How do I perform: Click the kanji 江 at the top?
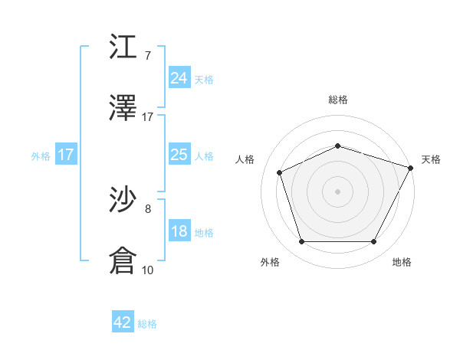point(123,47)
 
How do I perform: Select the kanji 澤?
point(123,109)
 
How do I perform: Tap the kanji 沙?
point(123,201)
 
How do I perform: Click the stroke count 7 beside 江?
point(148,55)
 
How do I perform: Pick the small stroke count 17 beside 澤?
point(148,116)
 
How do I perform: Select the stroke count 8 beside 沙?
point(148,208)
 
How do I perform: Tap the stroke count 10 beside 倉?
point(148,270)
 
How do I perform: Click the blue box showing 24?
point(179,77)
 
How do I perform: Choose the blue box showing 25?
point(179,155)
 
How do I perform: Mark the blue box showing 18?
point(179,231)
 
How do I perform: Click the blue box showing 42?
point(123,322)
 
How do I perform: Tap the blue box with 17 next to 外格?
point(65,155)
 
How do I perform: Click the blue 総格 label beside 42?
point(147,324)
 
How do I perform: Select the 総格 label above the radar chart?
point(337,100)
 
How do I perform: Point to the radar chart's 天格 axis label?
point(431,159)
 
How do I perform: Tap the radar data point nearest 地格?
point(373,242)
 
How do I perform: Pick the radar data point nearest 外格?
point(302,242)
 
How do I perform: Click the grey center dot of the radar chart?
point(337,191)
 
